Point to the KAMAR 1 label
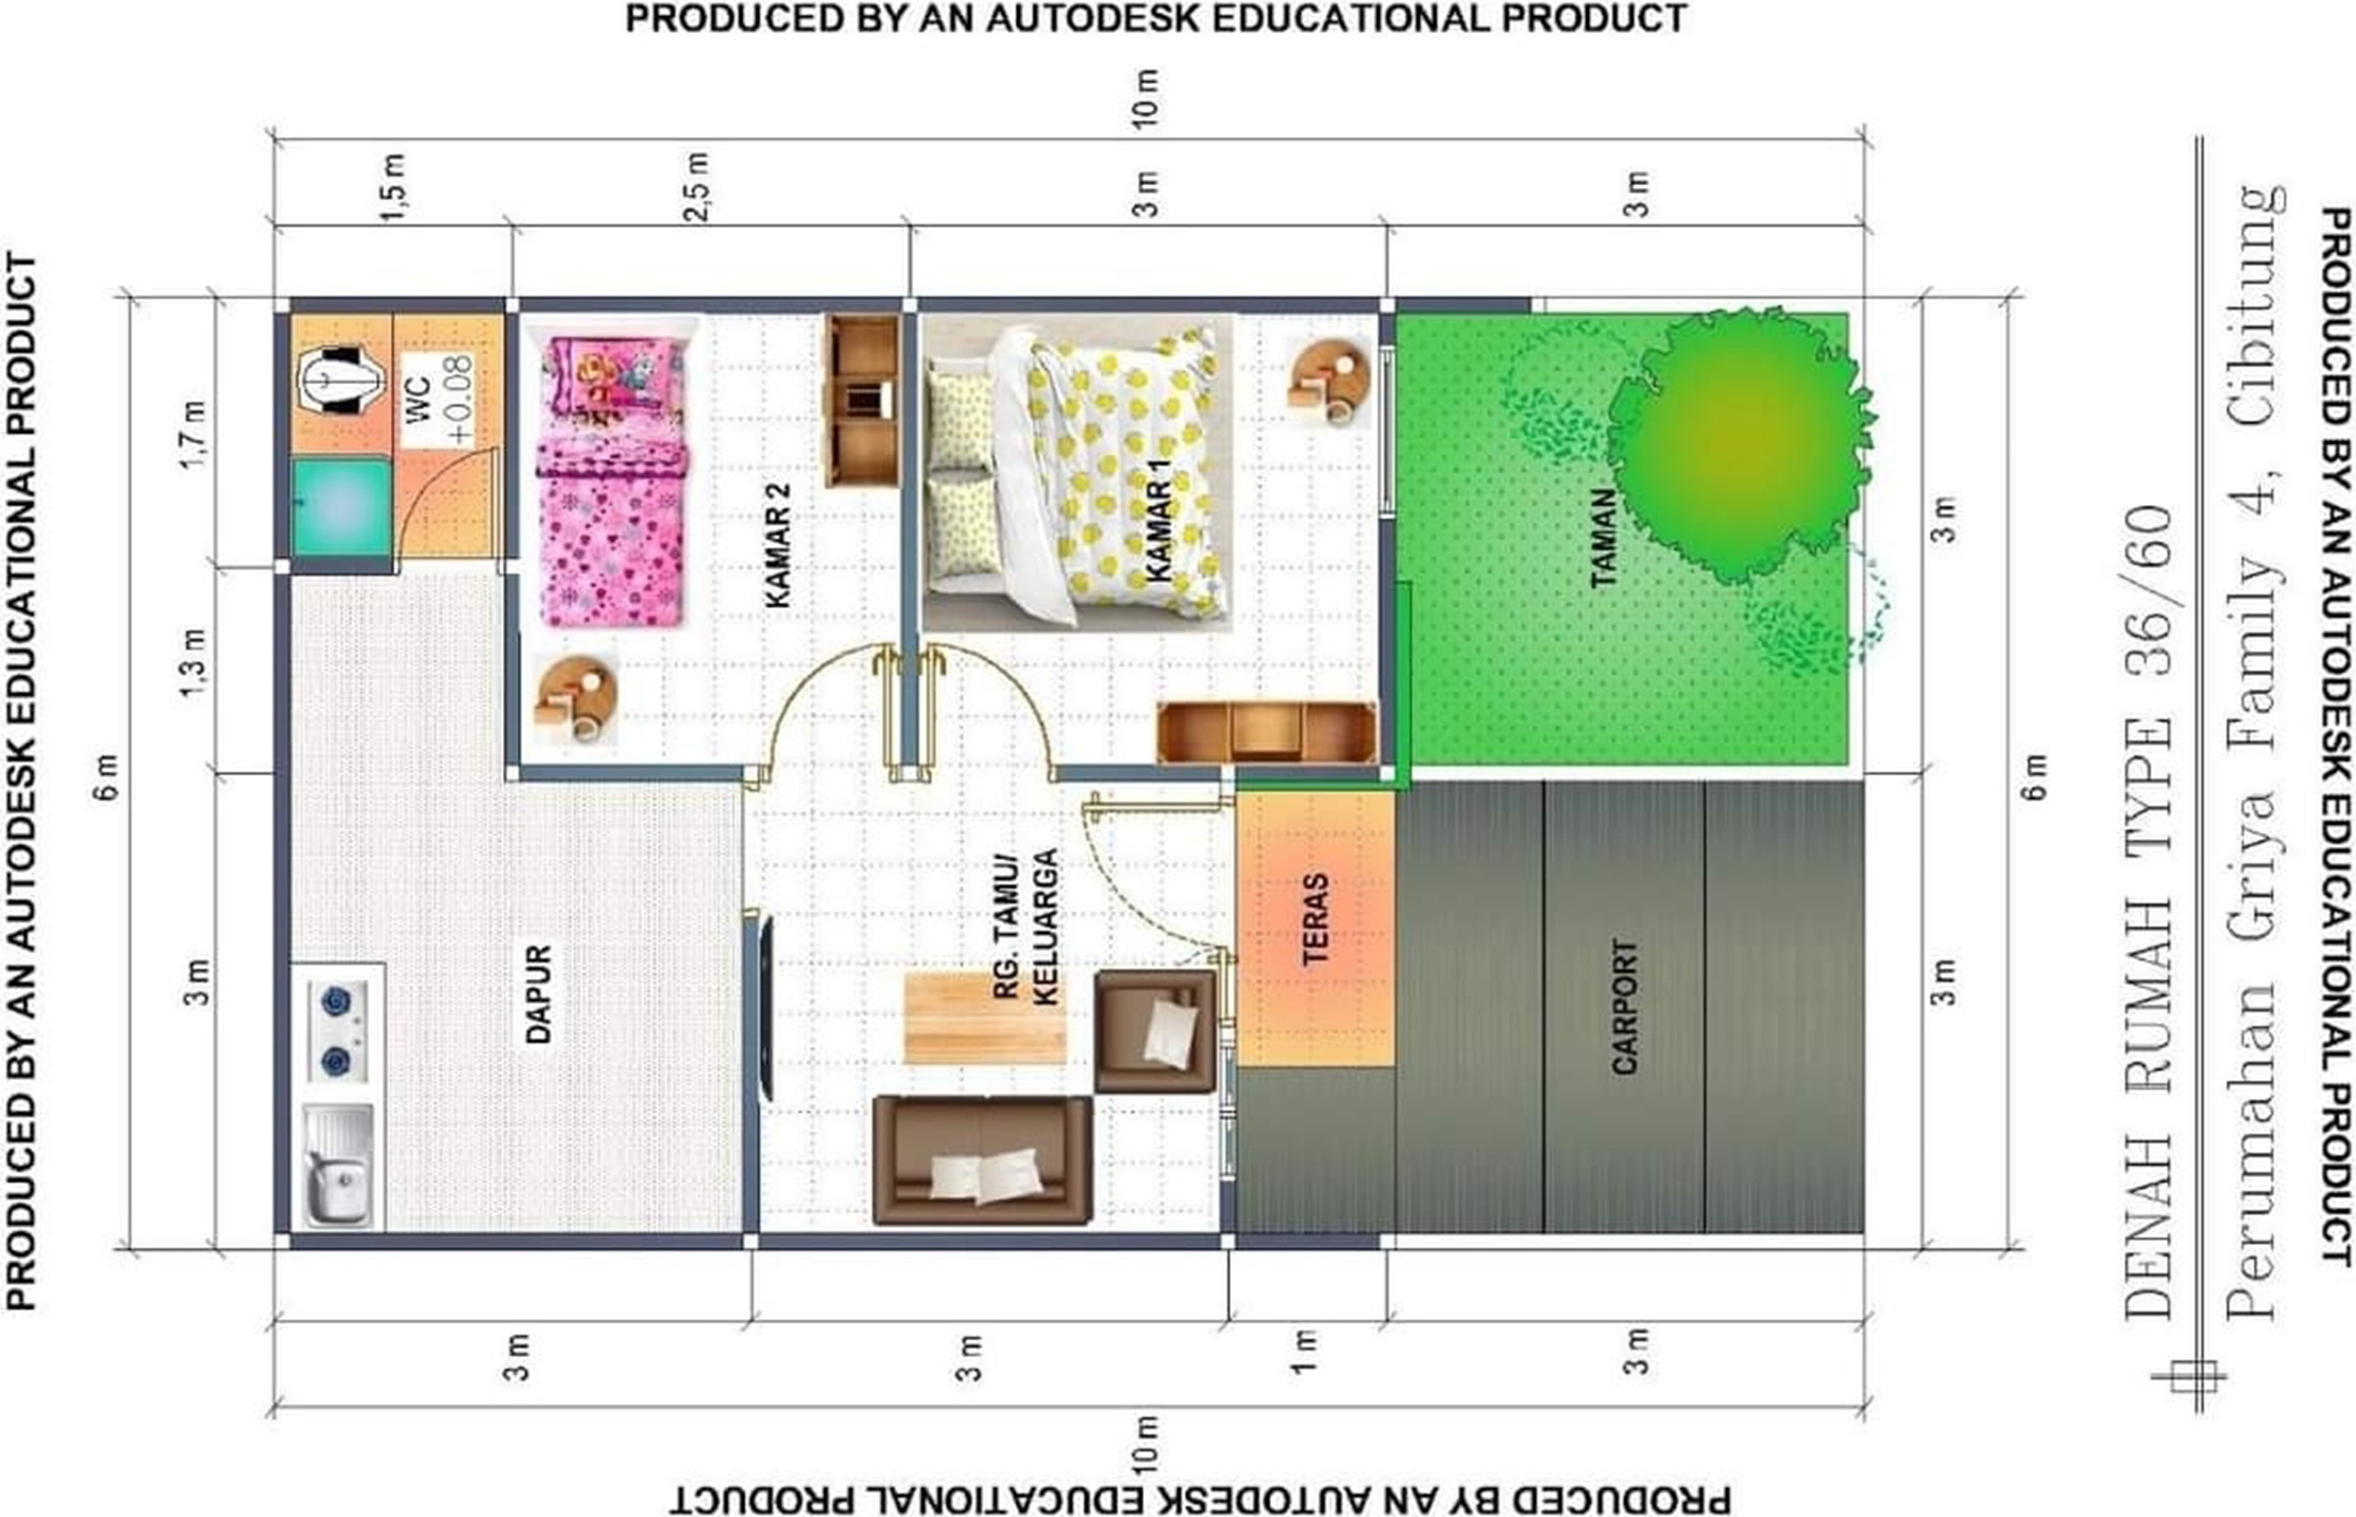[x=1159, y=520]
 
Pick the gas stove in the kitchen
[x=336, y=1031]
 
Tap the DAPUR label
[x=538, y=994]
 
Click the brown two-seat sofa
[x=982, y=1159]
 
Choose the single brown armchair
[x=1156, y=1031]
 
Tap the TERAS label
[x=1314, y=919]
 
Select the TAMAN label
[x=1603, y=539]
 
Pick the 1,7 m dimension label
[x=193, y=435]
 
